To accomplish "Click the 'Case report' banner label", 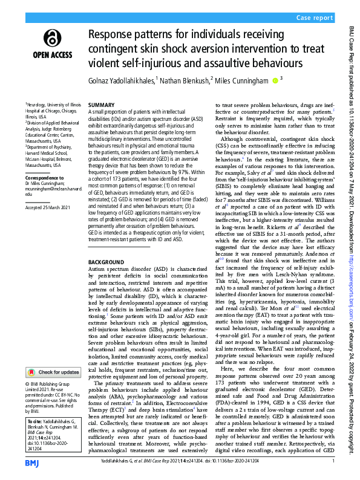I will click(316, 19).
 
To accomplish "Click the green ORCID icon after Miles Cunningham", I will click(275, 79).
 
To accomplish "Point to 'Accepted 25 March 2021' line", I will click(48, 209).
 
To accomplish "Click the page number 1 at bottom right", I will click(333, 461).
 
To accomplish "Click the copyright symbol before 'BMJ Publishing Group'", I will click(27, 384).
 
